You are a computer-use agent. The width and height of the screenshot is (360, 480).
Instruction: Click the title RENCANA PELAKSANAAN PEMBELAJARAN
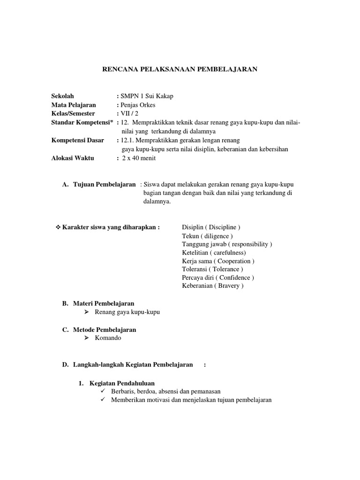(x=180, y=69)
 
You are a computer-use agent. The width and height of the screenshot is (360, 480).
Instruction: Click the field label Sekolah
(x=63, y=96)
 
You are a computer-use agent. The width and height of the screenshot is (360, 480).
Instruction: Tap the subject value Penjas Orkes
(x=138, y=105)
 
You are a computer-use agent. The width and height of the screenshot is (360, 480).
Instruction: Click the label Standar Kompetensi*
(x=82, y=123)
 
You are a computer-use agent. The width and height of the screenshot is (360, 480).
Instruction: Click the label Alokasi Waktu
(x=73, y=158)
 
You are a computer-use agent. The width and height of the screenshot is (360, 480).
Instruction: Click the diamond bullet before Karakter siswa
(x=58, y=227)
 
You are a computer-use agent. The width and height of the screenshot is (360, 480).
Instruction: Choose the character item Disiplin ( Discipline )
(x=211, y=227)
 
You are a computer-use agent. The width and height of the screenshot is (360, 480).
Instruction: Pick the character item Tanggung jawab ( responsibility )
(x=227, y=244)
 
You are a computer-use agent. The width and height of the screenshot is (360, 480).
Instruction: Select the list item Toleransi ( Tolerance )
(x=212, y=270)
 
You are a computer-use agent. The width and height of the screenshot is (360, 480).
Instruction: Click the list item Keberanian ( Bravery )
(x=213, y=286)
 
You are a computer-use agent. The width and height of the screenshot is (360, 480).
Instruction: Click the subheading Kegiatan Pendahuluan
(x=122, y=383)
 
